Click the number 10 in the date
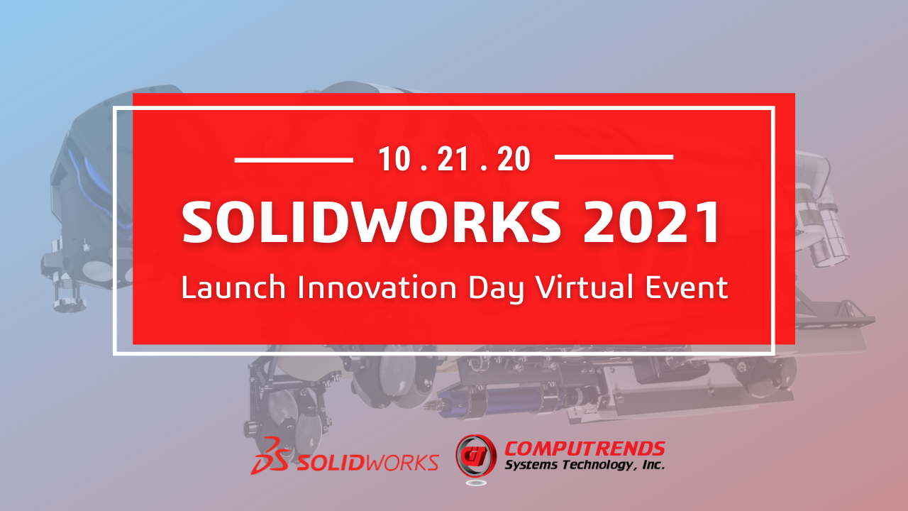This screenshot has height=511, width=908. pos(394,158)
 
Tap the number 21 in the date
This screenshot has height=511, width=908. pos(453,158)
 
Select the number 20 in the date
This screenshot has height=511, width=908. pos(514,158)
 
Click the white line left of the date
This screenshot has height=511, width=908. pos(294,160)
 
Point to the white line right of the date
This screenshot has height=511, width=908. pos(614,157)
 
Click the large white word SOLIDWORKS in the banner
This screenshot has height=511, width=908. pos(371,222)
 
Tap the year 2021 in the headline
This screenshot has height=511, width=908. pos(651,222)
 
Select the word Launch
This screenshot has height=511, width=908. pos(233,287)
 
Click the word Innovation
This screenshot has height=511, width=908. pos(377,287)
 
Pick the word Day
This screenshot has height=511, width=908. pos(496,289)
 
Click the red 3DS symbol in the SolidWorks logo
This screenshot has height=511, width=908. pos(270,456)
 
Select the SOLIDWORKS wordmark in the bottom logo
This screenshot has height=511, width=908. pos(368,462)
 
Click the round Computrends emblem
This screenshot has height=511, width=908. pos(476,456)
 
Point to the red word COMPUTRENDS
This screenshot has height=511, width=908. pos(585,449)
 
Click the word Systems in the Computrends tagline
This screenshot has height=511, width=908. pos(531,465)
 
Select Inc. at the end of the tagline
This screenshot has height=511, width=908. pos(653,464)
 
